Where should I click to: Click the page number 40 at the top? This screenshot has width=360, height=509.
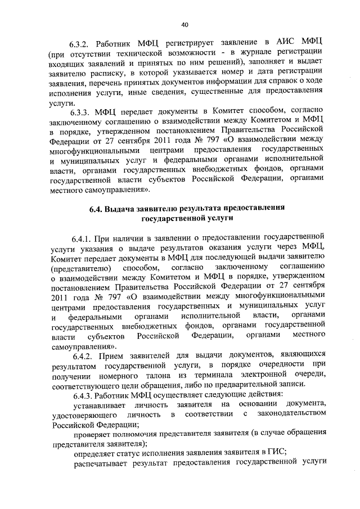coord(184,24)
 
